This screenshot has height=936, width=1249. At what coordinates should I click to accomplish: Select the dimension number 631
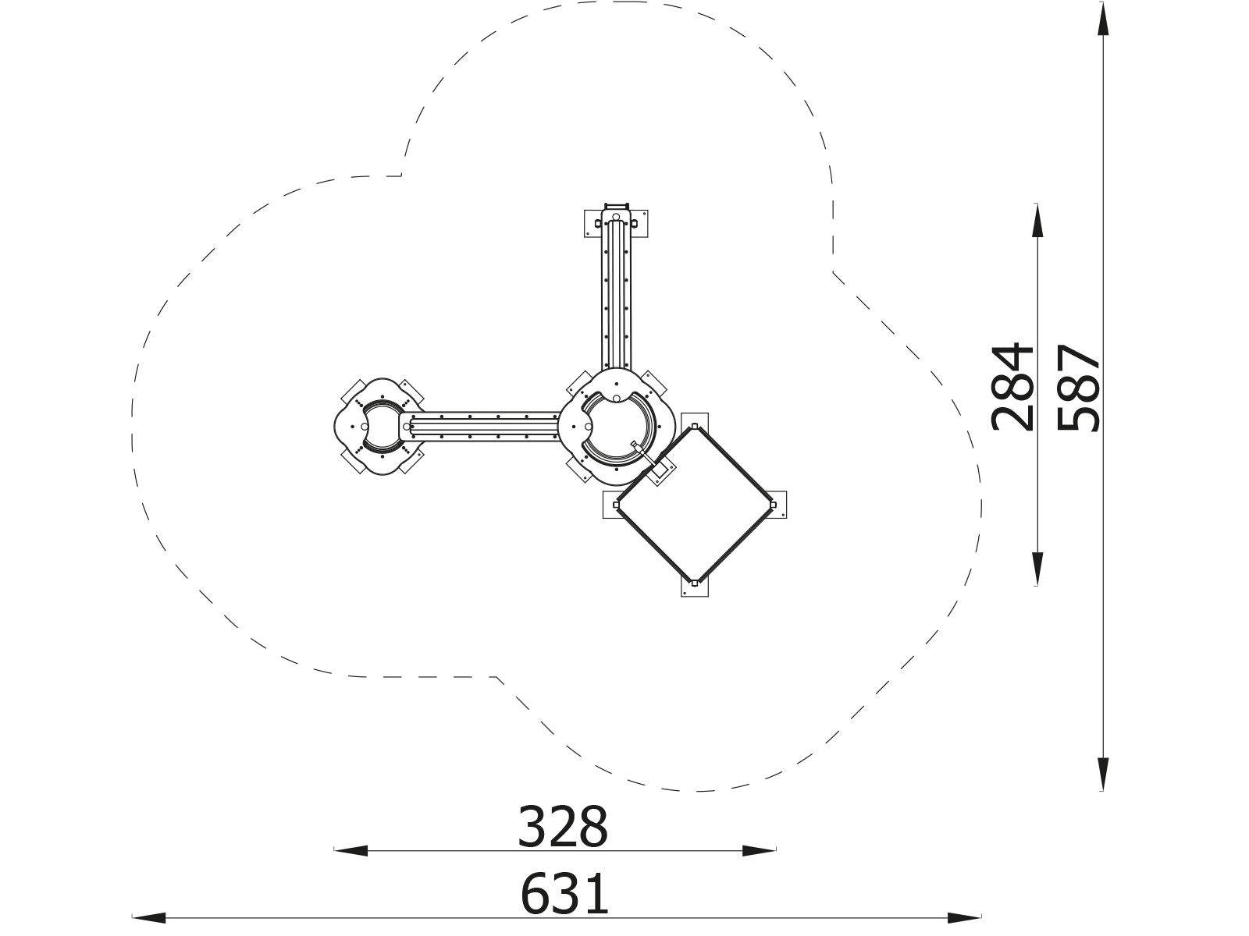coord(564,895)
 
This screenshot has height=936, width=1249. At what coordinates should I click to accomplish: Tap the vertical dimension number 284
coord(1012,387)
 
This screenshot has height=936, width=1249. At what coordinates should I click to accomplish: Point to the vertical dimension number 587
coord(1078,388)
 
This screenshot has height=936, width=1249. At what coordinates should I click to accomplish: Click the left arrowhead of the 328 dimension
coord(351,851)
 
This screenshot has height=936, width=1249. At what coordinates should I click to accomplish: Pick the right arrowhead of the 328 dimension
coord(759,851)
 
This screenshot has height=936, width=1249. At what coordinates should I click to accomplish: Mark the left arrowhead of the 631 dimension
coord(149,918)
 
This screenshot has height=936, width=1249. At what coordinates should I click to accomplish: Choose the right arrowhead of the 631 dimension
coord(965,918)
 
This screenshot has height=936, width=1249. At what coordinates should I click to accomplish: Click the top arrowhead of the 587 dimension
coord(1103,18)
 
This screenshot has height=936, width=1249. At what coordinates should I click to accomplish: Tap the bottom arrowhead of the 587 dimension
coord(1103,774)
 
